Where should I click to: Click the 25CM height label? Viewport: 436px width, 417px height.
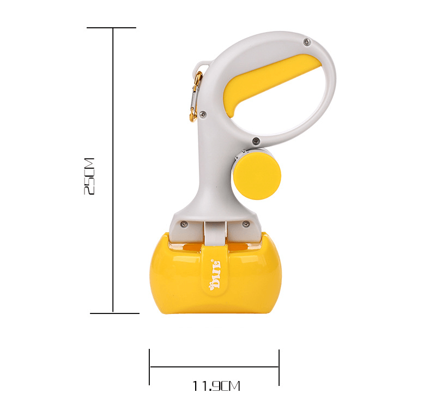[x=89, y=177]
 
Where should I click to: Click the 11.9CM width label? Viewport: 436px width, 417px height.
[x=216, y=386]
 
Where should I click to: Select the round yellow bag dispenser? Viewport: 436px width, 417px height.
[x=257, y=175]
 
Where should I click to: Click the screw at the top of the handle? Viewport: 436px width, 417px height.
[x=307, y=42]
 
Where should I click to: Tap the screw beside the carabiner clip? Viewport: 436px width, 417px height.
[x=203, y=114]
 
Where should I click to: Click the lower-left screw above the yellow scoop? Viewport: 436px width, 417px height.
[x=184, y=223]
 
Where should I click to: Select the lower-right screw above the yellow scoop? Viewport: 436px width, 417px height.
[x=246, y=224]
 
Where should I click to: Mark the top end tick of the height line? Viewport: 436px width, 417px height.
[x=112, y=28]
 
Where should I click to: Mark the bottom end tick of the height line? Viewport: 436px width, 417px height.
[x=114, y=313]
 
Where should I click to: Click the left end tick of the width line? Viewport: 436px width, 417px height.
[x=149, y=367]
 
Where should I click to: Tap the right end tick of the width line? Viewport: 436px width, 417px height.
[x=279, y=367]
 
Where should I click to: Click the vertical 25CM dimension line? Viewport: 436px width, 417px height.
[x=113, y=109]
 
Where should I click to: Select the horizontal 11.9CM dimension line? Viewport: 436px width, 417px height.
[x=214, y=367]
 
